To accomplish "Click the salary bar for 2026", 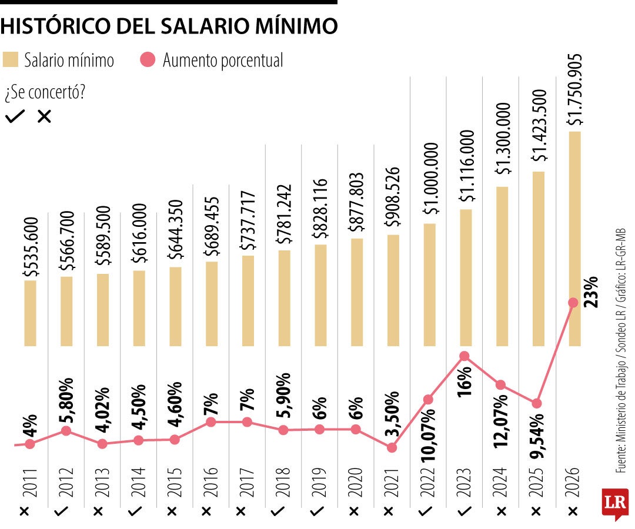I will (x=574, y=238).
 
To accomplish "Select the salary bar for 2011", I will (x=30, y=313).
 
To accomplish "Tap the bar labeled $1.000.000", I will (x=429, y=284).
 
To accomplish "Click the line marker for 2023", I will (x=464, y=356).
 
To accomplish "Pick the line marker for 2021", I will (x=392, y=447).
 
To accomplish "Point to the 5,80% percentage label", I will (x=66, y=394).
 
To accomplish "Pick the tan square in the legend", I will (x=11, y=60).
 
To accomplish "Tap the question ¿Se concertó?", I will (x=44, y=93).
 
